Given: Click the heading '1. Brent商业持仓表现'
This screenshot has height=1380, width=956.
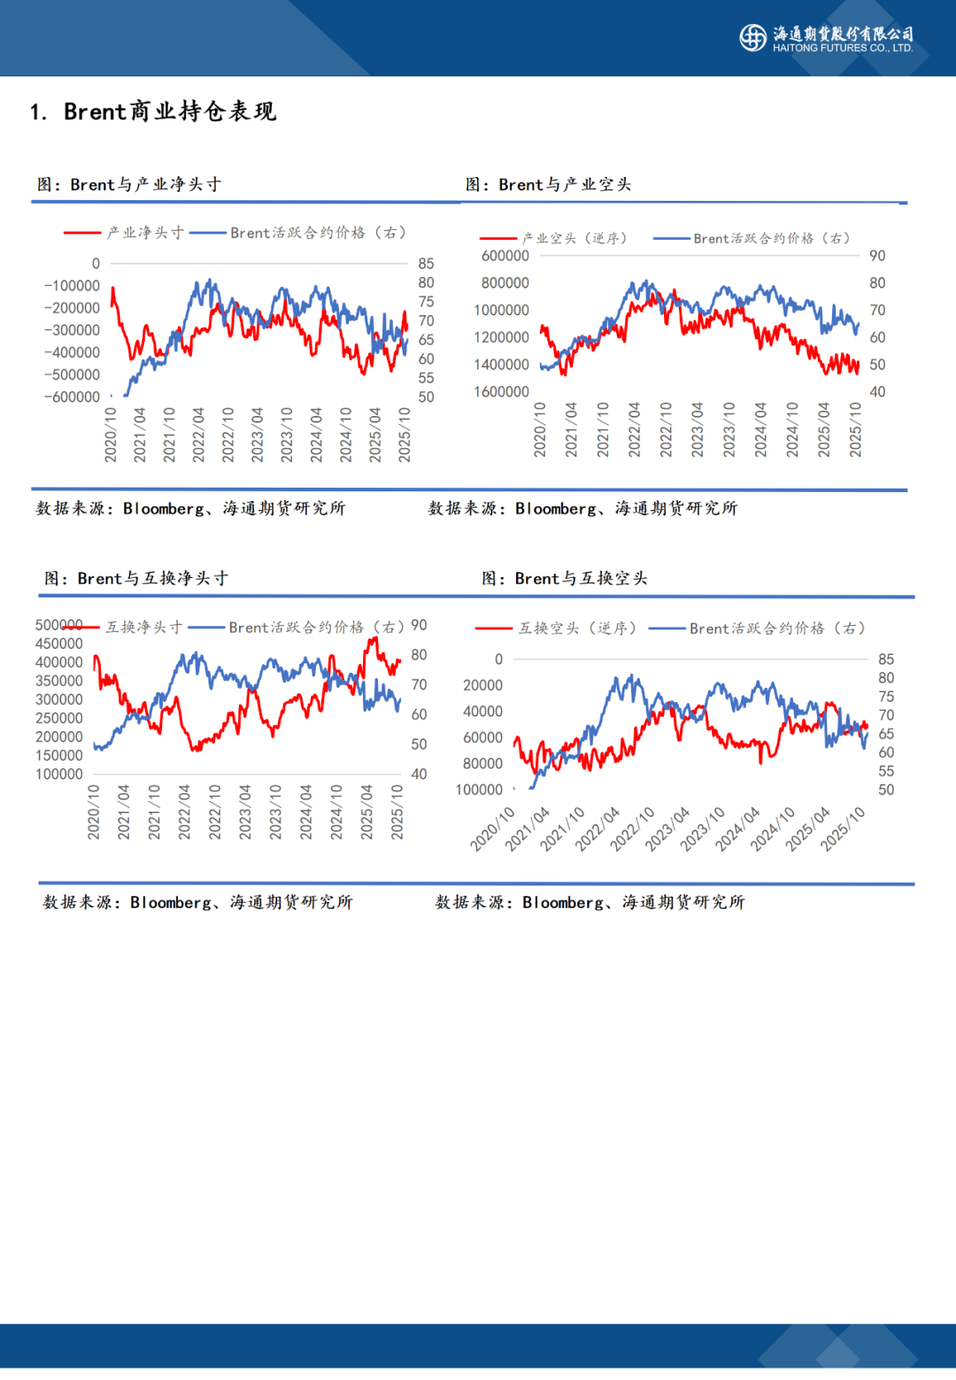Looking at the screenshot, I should pos(153,112).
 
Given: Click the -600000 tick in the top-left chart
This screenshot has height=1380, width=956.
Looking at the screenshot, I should pos(73,397).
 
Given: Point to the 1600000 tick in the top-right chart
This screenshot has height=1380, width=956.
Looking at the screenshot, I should pos(501,391).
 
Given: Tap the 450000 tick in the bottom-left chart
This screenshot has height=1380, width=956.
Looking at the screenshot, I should pos(59,644).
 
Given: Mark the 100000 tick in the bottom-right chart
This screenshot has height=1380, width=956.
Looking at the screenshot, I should pos(479,790).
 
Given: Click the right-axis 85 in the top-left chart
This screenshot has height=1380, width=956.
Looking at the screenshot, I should pos(426,264).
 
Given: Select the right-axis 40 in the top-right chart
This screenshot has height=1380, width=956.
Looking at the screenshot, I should pos(877,391).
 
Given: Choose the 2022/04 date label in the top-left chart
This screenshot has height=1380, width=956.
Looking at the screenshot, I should pos(199,434).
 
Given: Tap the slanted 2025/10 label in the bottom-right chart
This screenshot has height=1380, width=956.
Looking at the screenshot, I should pos(843,829).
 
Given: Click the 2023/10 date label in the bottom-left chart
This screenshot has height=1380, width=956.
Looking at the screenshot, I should pos(275,811).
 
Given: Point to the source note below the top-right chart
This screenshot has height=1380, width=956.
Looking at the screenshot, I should pos(582,508).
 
